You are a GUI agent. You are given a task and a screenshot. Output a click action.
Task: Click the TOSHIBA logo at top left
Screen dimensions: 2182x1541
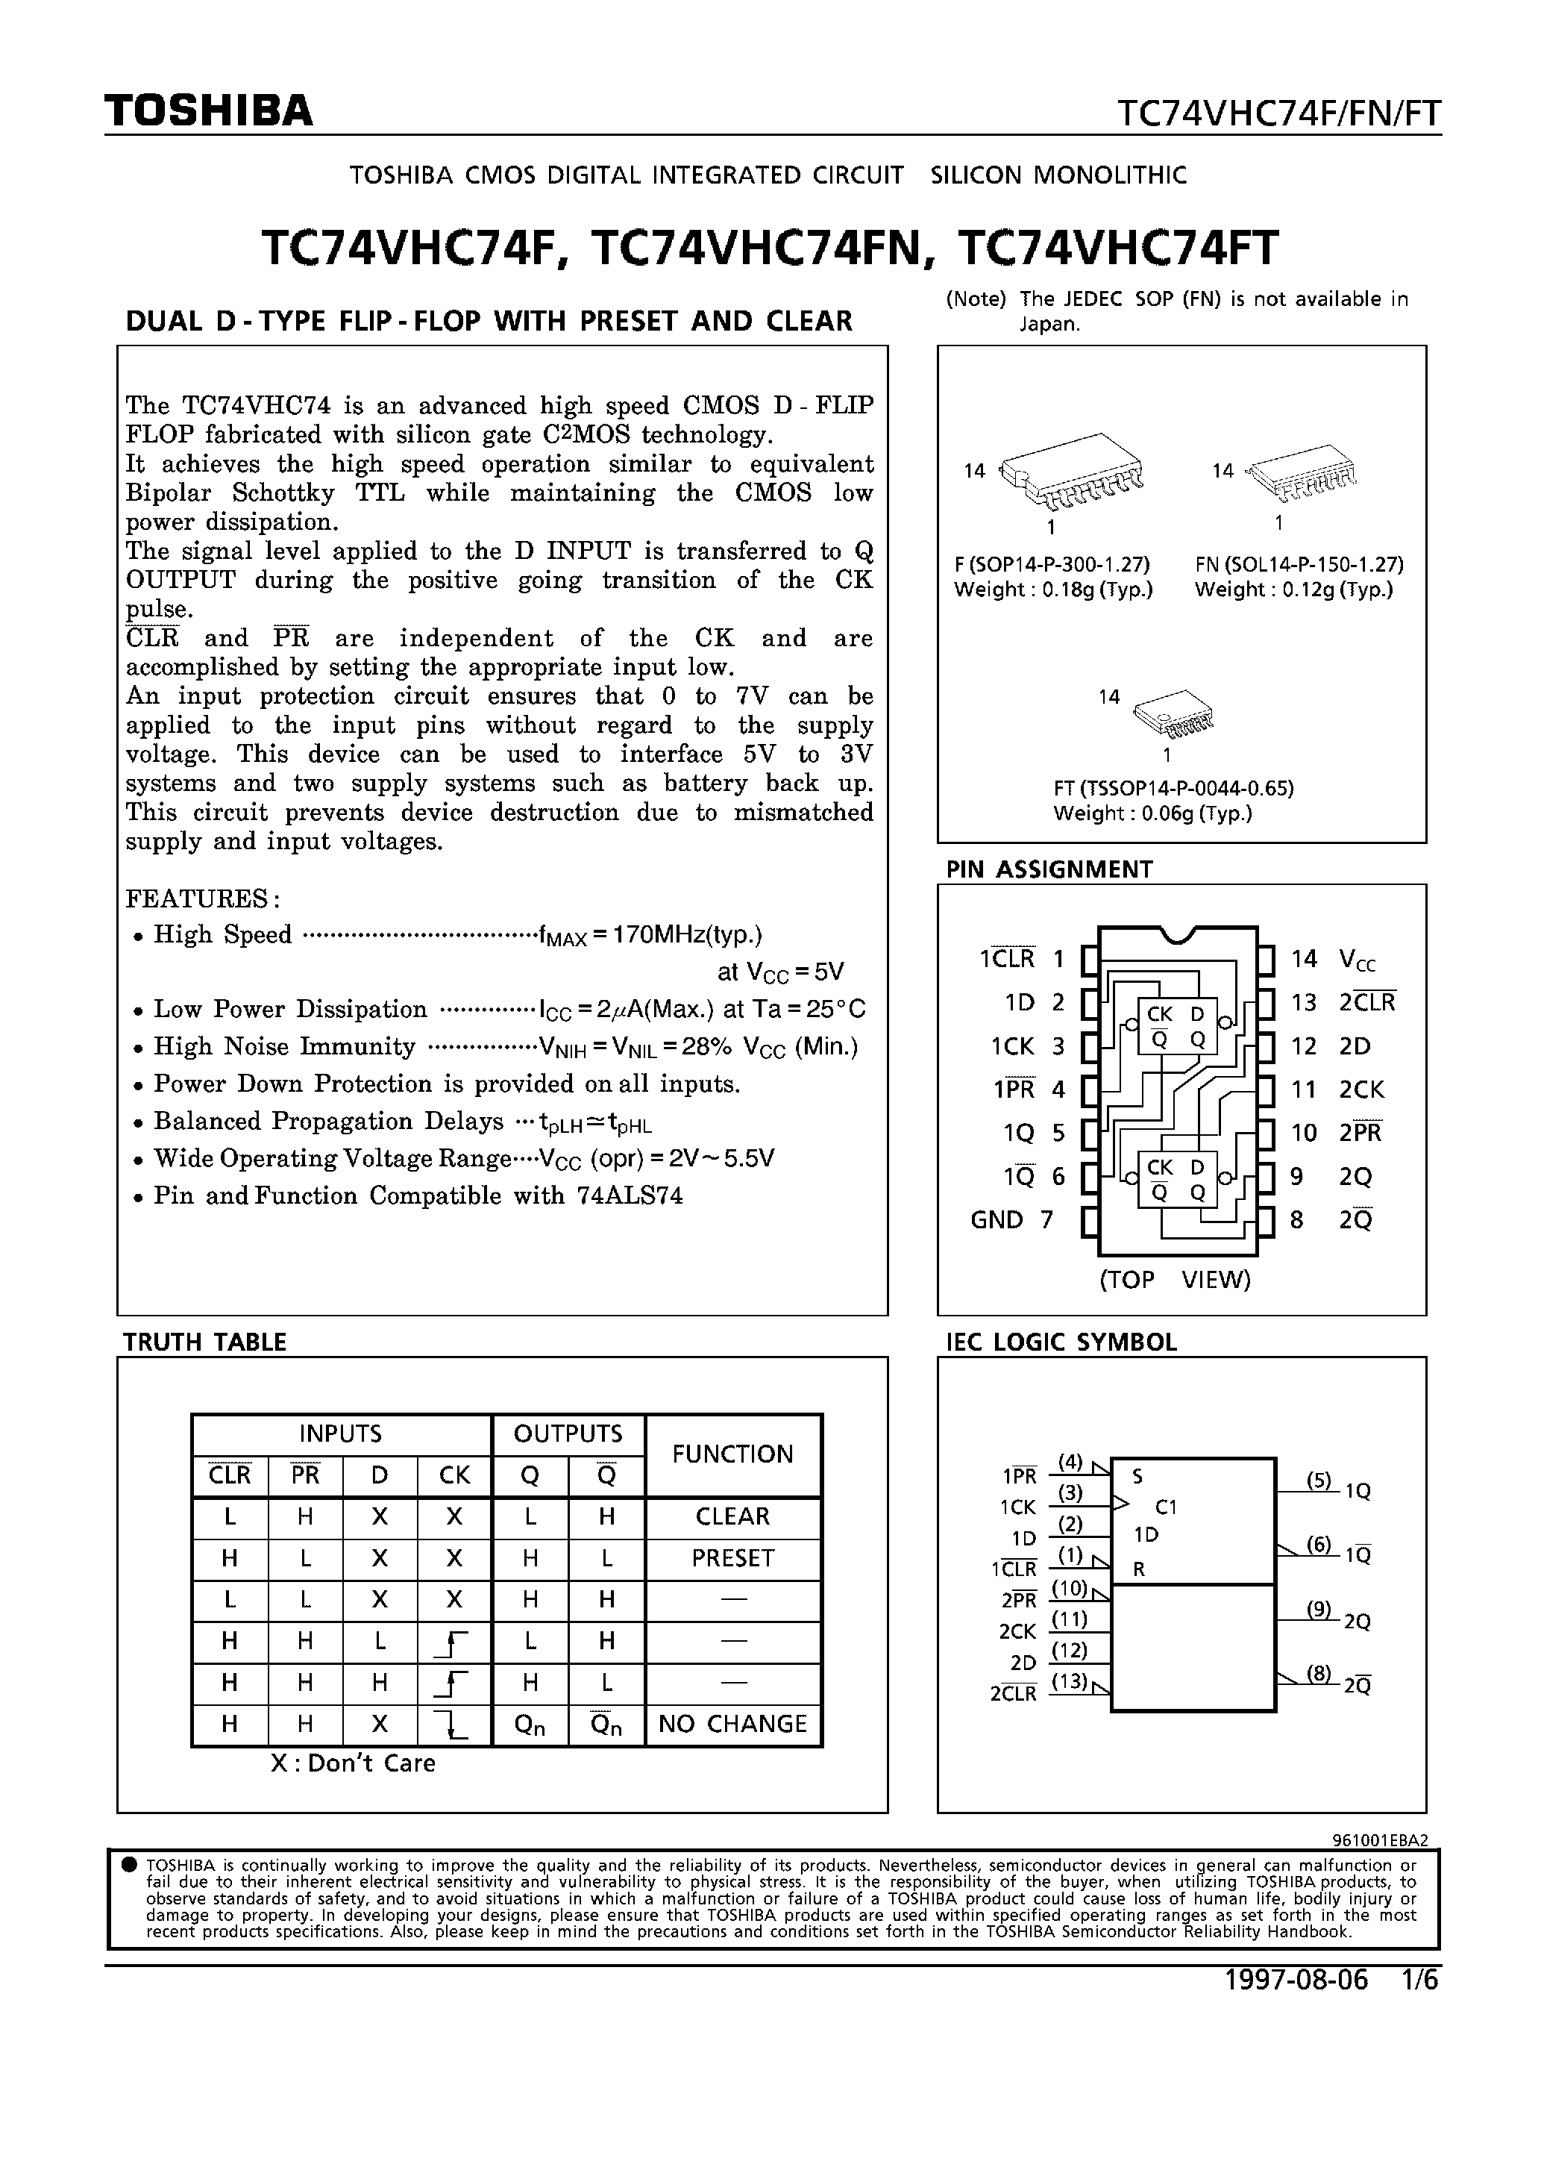pos(209,111)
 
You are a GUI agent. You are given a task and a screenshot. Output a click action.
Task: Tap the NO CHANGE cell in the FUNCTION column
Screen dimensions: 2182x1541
pos(732,1723)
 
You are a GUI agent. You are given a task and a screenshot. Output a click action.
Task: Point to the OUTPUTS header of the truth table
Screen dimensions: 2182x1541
pos(568,1433)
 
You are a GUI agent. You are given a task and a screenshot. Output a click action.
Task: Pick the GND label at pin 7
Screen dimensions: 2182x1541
pos(997,1219)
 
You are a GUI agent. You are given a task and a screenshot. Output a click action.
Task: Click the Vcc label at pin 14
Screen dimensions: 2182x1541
pos(1357,960)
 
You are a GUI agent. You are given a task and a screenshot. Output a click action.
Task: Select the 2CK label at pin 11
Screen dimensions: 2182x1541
pos(1361,1090)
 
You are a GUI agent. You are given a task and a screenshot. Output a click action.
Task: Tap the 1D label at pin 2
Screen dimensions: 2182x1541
pos(1020,1003)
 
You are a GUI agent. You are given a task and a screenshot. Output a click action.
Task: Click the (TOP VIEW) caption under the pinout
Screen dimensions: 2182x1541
pos(1176,1279)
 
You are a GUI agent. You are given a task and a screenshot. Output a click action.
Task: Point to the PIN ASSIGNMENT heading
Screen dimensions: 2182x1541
pos(1049,869)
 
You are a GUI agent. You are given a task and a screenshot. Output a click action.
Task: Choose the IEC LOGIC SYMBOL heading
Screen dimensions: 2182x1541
pos(1061,1342)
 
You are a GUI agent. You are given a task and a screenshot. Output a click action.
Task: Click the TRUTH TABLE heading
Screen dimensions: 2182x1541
pos(204,1342)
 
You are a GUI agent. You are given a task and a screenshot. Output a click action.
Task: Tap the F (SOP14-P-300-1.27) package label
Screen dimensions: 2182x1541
pos(1052,563)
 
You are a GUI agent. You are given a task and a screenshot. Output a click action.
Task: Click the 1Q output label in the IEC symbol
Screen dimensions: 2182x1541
pos(1358,1491)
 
